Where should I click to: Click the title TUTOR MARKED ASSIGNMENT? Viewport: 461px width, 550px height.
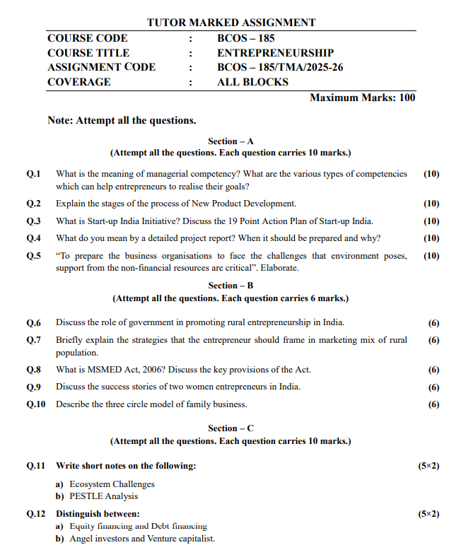coord(231,23)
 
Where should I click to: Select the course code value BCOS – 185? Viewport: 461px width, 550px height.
coord(245,38)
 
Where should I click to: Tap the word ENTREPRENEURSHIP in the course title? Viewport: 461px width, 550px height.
coord(275,53)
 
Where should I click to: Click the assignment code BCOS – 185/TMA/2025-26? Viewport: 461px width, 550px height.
coord(280,67)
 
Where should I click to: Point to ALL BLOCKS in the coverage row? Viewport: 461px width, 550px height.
coord(252,82)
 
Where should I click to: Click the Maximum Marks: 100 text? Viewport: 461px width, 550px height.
coord(362,98)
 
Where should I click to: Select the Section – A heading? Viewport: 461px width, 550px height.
coord(230,141)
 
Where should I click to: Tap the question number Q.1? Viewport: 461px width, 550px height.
coord(33,174)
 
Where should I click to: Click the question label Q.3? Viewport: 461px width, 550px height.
coord(33,221)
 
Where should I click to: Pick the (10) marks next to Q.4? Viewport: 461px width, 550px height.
coord(431,238)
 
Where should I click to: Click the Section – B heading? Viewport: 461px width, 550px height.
coord(230,286)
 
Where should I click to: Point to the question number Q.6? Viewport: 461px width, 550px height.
coord(33,323)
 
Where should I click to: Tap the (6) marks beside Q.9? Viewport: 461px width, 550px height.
coord(434,387)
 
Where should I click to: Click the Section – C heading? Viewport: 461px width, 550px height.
coord(230,428)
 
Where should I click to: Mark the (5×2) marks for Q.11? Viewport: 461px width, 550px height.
coord(429,467)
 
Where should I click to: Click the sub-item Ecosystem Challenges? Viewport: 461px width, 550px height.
coord(112,484)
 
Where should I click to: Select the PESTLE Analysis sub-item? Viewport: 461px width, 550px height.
coord(103,496)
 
